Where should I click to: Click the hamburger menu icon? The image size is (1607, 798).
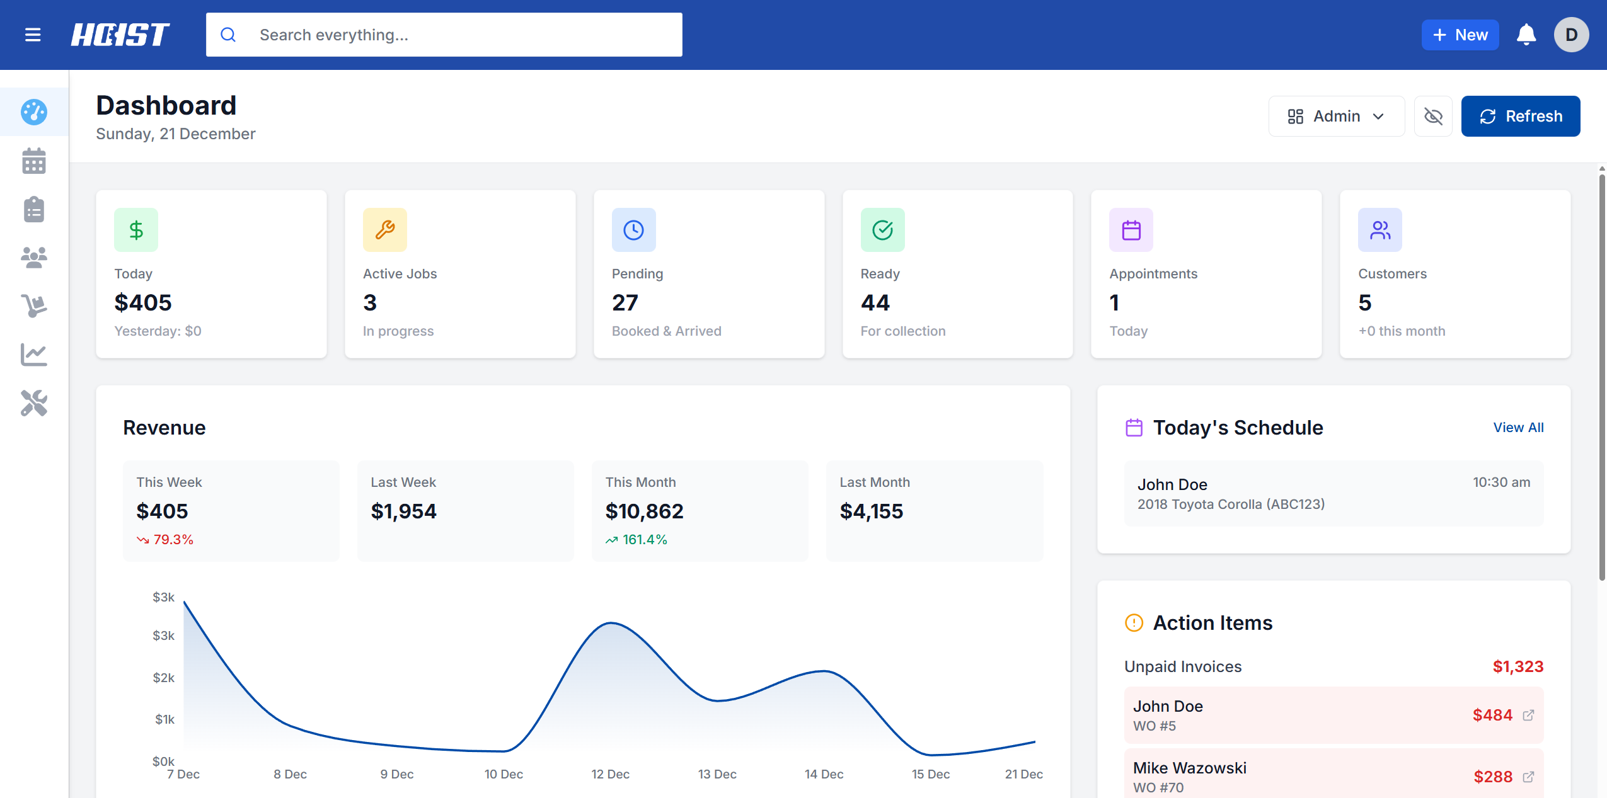point(33,35)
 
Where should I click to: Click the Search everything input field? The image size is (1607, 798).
point(444,35)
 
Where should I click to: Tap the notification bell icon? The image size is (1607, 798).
point(1526,35)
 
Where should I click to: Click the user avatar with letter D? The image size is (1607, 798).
point(1570,35)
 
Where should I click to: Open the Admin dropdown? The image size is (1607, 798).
point(1336,117)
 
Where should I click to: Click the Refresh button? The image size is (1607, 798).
point(1520,117)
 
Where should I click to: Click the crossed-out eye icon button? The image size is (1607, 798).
point(1433,117)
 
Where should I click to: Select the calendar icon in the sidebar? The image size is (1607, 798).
point(34,161)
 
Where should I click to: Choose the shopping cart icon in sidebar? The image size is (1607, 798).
point(34,306)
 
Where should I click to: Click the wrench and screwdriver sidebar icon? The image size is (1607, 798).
point(34,403)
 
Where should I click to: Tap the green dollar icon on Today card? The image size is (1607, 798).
point(136,230)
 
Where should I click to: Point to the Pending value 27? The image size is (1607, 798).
point(625,303)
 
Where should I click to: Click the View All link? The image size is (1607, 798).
point(1518,428)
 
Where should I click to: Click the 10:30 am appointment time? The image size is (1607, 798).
point(1500,482)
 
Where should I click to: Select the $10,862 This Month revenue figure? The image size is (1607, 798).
point(644,511)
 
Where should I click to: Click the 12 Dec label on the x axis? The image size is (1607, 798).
point(610,774)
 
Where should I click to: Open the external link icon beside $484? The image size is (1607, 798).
point(1528,715)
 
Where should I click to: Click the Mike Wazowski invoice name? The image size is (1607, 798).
point(1189,768)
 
